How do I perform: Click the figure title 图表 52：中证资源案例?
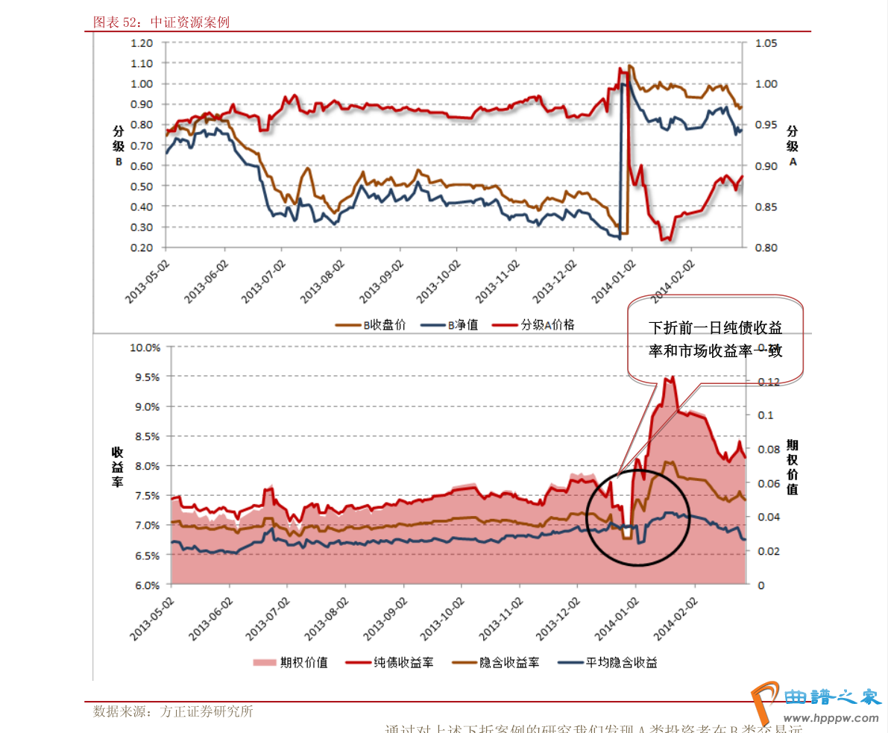[x=160, y=22]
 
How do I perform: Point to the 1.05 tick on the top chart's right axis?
[x=766, y=43]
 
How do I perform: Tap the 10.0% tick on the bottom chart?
[x=145, y=347]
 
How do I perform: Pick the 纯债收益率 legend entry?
[x=403, y=662]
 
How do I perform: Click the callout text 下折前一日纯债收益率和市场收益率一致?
[x=715, y=339]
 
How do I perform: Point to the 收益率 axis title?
[x=118, y=467]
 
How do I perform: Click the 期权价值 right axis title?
[x=792, y=467]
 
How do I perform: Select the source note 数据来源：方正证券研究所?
[x=173, y=711]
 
